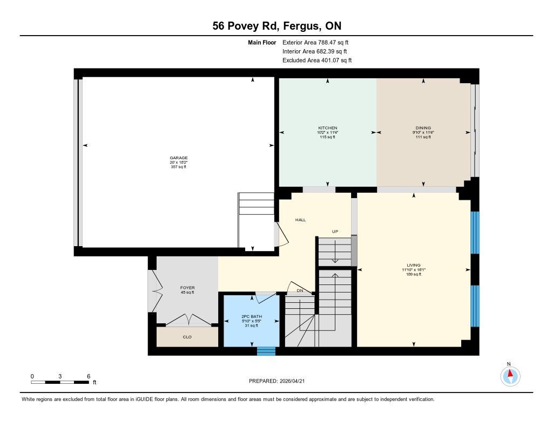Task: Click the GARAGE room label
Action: (x=178, y=158)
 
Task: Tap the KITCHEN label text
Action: (x=328, y=128)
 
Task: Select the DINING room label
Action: (x=423, y=128)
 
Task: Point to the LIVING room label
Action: (x=414, y=265)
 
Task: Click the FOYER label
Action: (x=187, y=288)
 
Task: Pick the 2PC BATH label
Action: (x=252, y=317)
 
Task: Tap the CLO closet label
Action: (x=187, y=337)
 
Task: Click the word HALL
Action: (x=300, y=220)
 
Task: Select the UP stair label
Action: (x=335, y=232)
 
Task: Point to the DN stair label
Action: (x=300, y=291)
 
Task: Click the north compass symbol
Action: (x=510, y=376)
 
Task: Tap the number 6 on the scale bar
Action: (x=89, y=377)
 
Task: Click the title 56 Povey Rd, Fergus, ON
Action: (x=277, y=26)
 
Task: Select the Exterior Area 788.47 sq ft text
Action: (x=315, y=43)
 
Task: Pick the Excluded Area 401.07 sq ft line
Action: (x=317, y=60)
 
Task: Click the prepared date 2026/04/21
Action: (x=292, y=381)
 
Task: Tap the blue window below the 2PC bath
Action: (x=266, y=351)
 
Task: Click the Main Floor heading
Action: (x=262, y=43)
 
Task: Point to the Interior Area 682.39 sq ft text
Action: (x=315, y=51)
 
